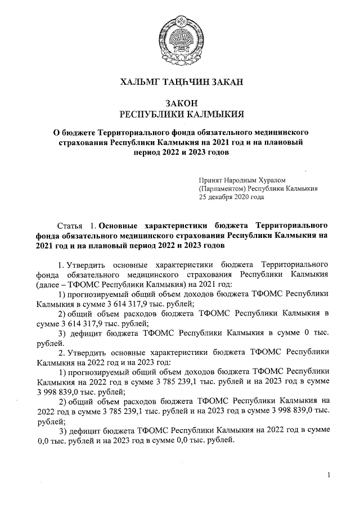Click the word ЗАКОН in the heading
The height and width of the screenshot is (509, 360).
180,103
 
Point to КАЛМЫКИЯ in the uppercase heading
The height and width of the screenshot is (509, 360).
212,114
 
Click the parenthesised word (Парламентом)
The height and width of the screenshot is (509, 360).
224,188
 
